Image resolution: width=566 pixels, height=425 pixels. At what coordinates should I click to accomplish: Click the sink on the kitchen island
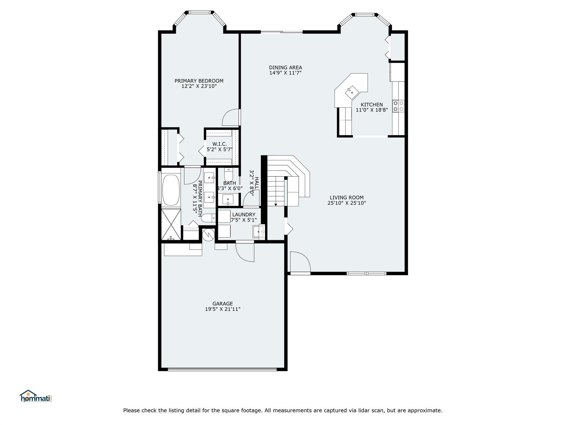tap(351, 92)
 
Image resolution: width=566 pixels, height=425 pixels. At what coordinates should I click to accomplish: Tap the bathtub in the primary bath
tap(171, 190)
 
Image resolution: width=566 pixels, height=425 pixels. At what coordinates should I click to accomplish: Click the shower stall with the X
tap(171, 224)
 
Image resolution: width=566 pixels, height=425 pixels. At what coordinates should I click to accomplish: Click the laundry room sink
tap(258, 231)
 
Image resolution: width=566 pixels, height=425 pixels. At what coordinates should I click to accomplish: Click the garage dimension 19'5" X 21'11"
tap(223, 309)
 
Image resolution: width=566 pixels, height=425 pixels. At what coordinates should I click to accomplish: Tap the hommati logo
tap(36, 396)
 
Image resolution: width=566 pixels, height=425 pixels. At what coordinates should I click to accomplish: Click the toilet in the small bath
tap(229, 175)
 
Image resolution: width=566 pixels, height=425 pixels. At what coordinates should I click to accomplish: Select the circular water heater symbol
tap(208, 235)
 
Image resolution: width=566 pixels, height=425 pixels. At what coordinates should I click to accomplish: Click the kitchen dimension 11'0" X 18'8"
tap(372, 110)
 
